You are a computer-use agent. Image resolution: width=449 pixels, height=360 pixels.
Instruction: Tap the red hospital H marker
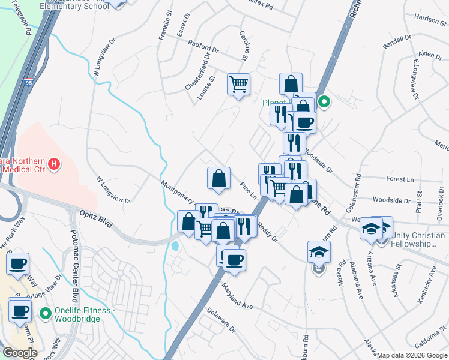[x=55, y=163]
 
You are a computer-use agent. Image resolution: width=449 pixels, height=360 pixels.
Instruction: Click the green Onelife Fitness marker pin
[x=45, y=313]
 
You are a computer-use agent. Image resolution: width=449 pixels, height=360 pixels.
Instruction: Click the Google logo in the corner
[x=19, y=353]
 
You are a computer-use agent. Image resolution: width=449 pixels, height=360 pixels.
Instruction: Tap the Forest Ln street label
[x=400, y=179]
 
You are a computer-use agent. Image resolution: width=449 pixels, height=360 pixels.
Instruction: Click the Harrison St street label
[x=427, y=19]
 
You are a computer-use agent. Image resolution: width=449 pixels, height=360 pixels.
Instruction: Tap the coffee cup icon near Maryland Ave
[x=234, y=260]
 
